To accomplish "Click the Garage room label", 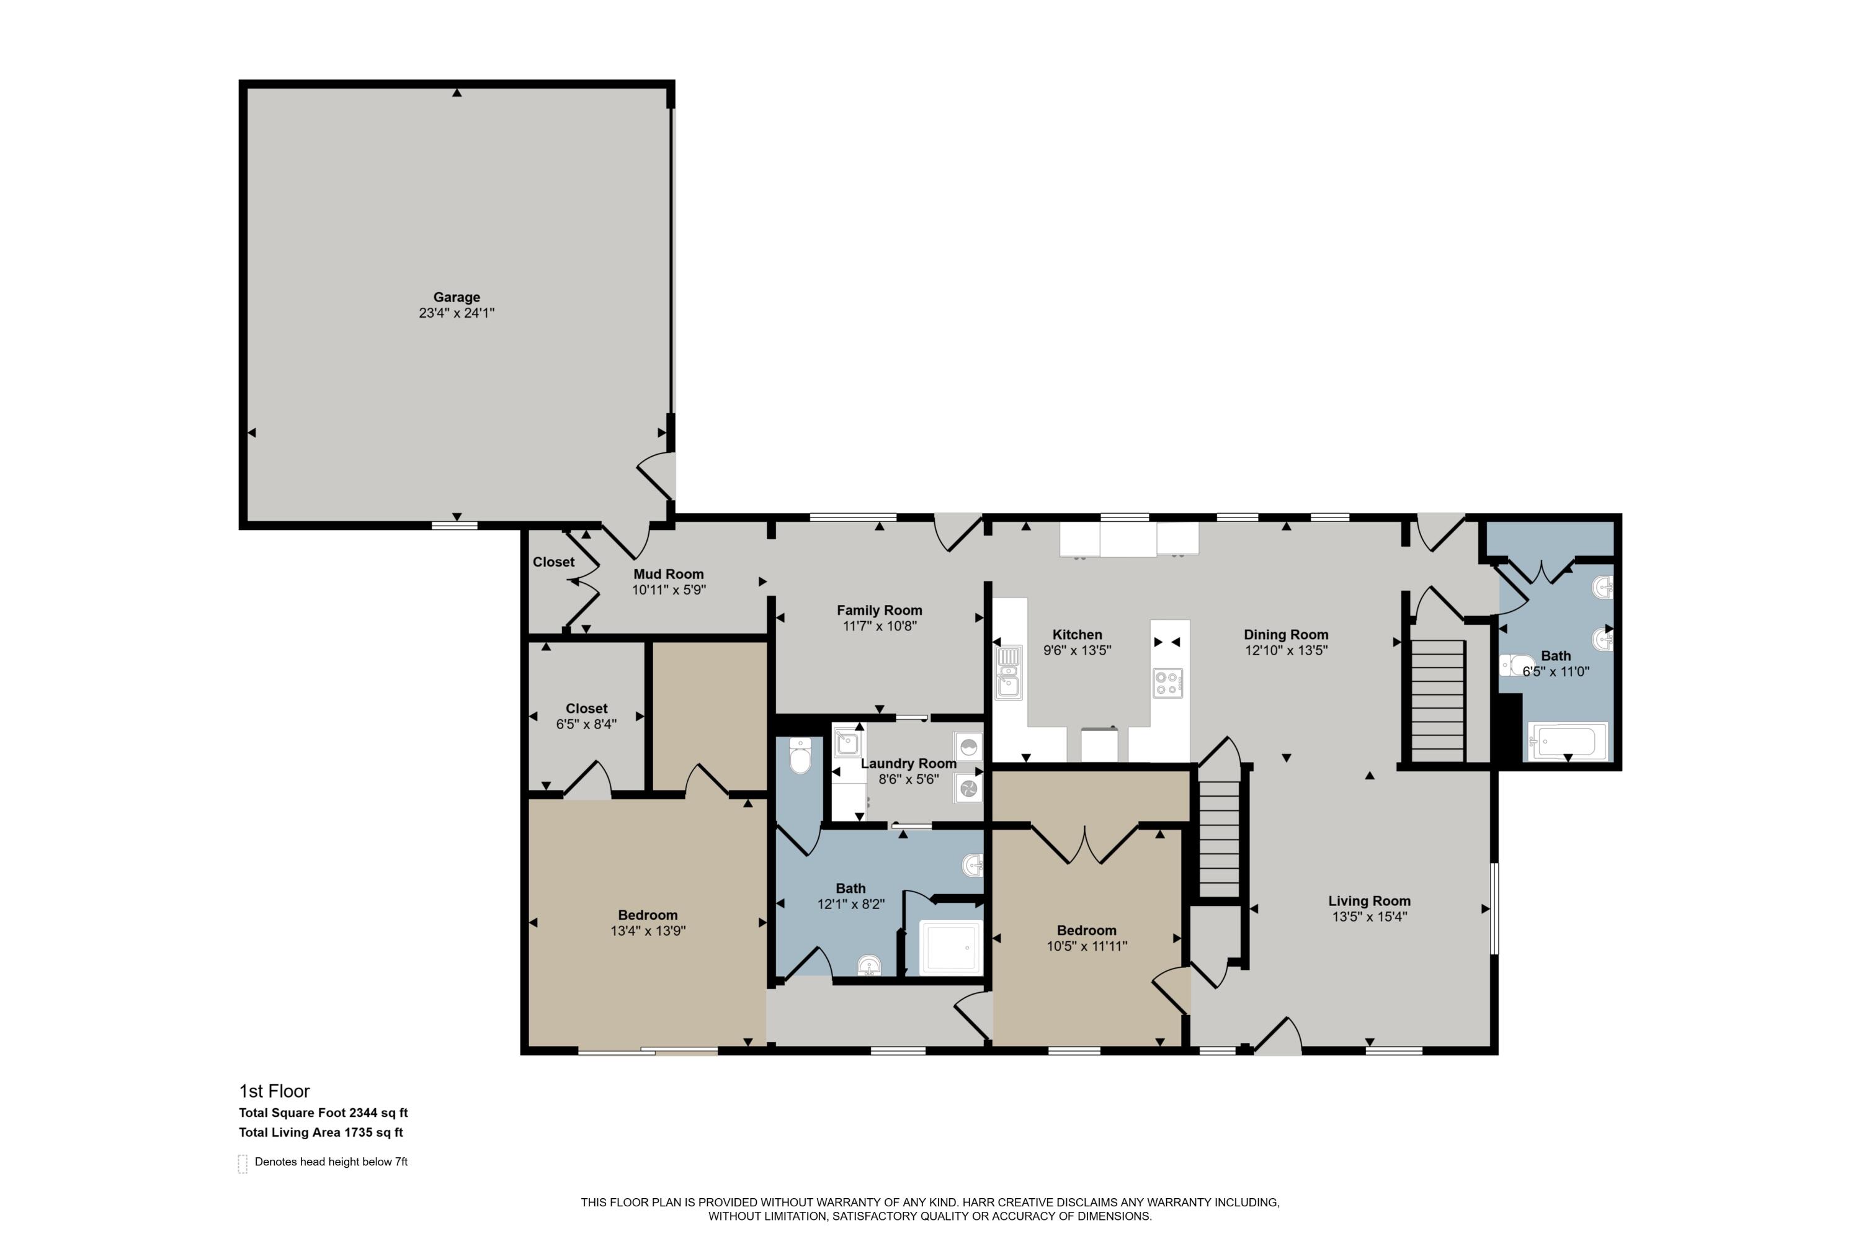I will tap(457, 298).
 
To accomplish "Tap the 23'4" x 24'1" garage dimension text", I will tap(457, 313).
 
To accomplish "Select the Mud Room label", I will tap(668, 575).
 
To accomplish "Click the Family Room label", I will tap(879, 610).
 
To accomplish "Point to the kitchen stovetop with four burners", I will tap(1168, 682).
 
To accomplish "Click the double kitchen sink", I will tap(1008, 673).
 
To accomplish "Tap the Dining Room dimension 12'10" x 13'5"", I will tap(1286, 650).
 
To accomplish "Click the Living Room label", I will tap(1369, 901).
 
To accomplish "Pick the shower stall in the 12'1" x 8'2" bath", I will tap(950, 947).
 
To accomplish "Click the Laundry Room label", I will tap(908, 764).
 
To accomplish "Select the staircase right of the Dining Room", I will tap(1438, 700).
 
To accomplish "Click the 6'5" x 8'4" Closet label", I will tap(586, 709).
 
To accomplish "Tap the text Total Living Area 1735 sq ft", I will tap(321, 1132).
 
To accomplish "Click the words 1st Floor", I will tap(275, 1091).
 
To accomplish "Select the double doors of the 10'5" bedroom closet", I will tap(1085, 845).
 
